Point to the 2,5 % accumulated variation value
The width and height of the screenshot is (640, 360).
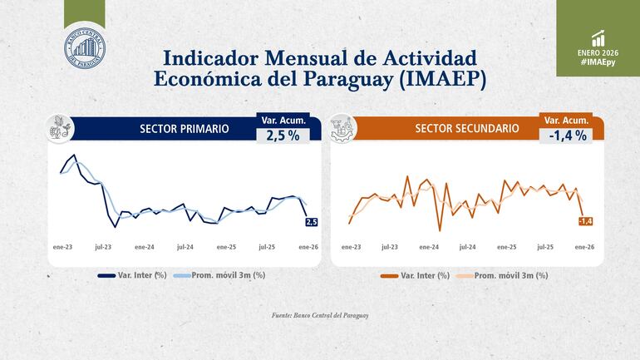283,136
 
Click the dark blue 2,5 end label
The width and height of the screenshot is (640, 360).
312,221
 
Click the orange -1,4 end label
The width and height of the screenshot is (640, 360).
585,220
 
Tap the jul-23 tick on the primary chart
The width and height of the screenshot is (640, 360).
103,247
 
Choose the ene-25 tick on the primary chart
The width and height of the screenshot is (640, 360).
226,247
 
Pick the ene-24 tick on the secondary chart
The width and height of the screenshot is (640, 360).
429,247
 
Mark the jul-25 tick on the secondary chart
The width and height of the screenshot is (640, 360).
546,247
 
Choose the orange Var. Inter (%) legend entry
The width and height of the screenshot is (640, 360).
415,275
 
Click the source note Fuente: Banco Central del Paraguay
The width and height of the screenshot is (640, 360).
320,316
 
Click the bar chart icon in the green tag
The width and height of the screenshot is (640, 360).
598,38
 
